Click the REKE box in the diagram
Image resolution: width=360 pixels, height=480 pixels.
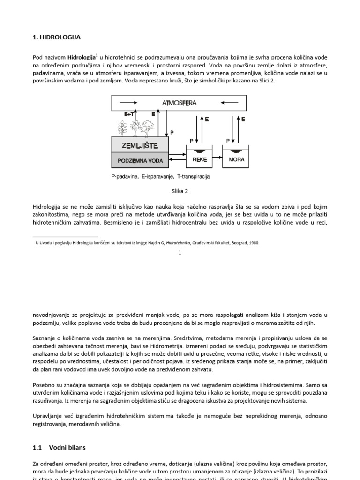[199, 159]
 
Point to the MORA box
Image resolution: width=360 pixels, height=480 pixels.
[236, 159]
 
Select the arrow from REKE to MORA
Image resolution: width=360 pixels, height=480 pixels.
[217, 159]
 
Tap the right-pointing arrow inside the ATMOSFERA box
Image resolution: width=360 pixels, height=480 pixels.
[128, 102]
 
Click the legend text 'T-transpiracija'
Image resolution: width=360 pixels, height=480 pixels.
[194, 177]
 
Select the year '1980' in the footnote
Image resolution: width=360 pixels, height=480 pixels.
[254, 243]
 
